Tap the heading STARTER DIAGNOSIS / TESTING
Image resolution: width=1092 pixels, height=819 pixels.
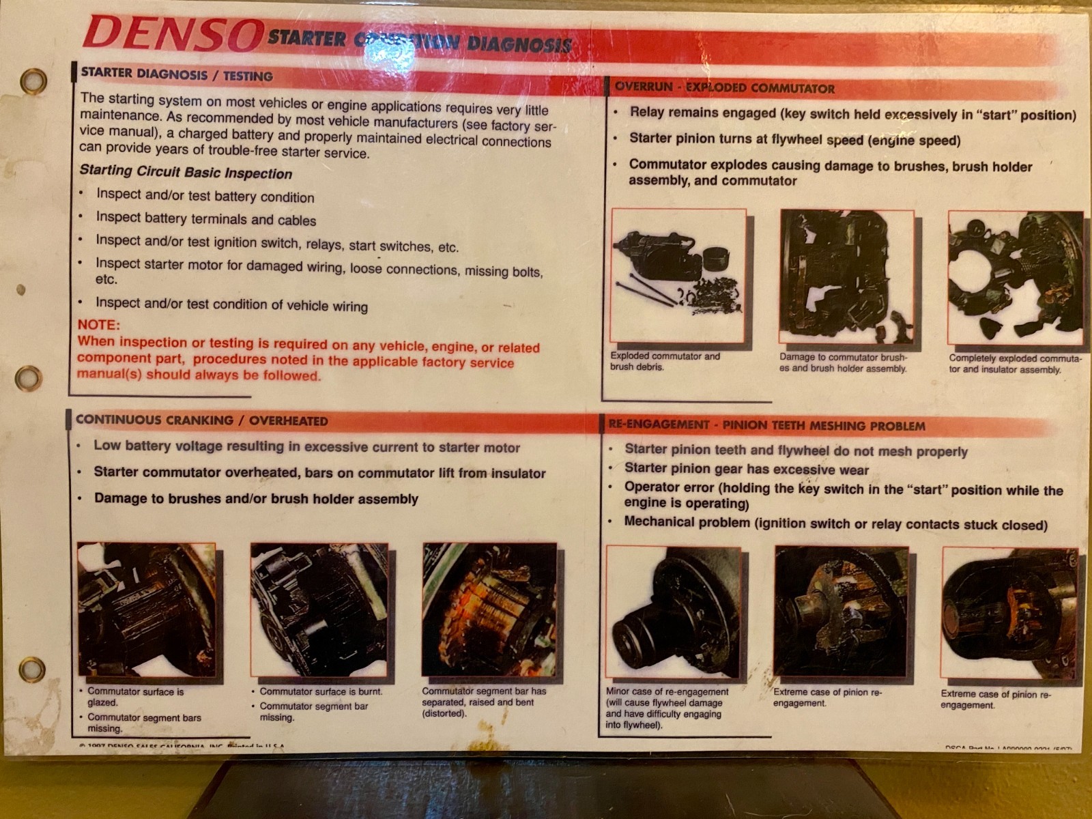point(176,74)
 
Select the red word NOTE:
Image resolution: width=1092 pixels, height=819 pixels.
point(98,325)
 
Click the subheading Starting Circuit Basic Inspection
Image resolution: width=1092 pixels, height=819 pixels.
point(186,172)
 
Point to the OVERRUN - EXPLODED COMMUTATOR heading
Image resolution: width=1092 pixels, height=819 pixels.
point(724,88)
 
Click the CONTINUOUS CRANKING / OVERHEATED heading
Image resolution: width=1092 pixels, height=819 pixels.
point(201,420)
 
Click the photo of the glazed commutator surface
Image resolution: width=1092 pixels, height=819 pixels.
point(146,609)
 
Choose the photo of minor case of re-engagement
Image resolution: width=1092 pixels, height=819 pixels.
point(673,615)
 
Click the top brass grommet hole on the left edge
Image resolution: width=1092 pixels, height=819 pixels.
point(32,81)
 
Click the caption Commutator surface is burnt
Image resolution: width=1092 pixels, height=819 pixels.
point(320,691)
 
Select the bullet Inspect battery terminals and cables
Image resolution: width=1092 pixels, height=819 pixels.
point(205,219)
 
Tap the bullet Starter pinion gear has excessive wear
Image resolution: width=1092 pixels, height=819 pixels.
point(746,469)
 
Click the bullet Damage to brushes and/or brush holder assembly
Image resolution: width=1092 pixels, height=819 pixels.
point(255,498)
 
